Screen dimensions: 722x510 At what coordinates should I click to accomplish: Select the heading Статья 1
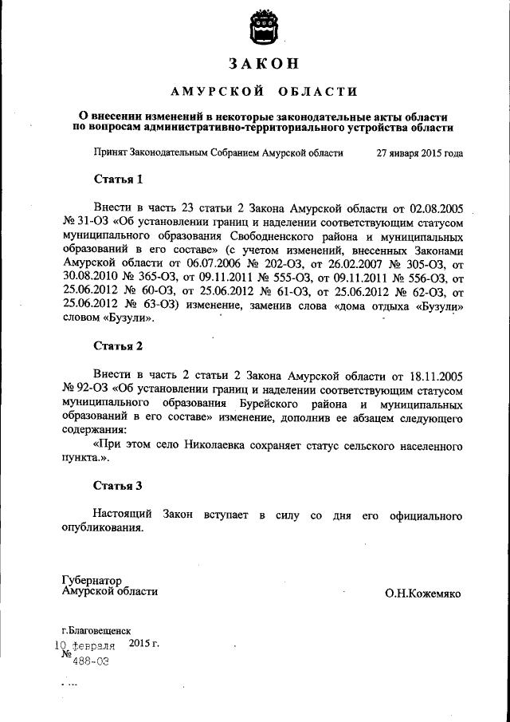[x=118, y=179]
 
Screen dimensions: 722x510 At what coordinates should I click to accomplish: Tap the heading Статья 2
[x=118, y=346]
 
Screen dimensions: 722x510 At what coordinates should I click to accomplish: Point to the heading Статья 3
[x=118, y=485]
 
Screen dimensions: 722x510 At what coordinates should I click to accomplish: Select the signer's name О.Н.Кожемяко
[x=422, y=594]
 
